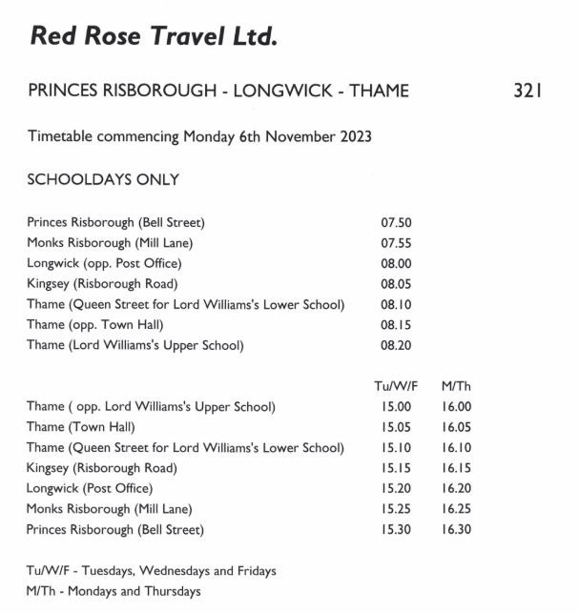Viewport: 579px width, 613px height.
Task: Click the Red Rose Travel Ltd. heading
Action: tap(154, 37)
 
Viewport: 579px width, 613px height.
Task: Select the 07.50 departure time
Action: tap(396, 223)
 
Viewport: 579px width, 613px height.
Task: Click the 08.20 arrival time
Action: tap(396, 345)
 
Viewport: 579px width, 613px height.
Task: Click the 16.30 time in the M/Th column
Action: tap(456, 529)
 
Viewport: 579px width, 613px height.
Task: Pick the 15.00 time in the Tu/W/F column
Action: tap(396, 407)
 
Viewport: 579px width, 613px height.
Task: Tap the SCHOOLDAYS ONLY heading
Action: tap(103, 179)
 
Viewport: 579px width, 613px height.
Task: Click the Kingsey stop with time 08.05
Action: tap(102, 284)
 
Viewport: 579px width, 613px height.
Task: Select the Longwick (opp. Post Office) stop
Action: tap(104, 263)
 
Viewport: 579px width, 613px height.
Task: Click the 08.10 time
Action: tap(396, 305)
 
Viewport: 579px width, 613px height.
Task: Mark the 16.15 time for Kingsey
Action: tap(456, 468)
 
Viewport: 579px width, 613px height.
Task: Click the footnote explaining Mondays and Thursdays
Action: tap(114, 591)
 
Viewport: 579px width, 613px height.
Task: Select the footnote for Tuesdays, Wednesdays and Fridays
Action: tap(151, 571)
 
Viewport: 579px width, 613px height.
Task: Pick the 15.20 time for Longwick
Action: tap(396, 488)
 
